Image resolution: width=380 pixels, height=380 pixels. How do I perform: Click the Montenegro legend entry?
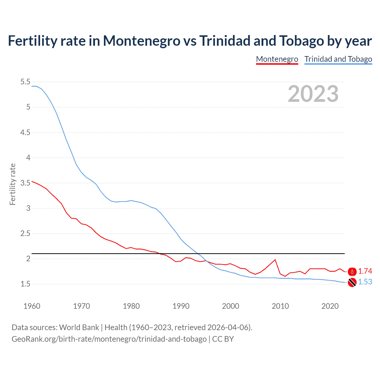point(277,59)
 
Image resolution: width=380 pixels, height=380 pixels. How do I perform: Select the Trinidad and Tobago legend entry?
point(338,59)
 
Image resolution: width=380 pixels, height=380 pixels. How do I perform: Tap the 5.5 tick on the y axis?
point(25,82)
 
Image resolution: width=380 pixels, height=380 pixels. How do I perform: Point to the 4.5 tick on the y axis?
point(25,132)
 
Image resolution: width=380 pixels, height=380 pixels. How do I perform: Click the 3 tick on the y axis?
point(28,208)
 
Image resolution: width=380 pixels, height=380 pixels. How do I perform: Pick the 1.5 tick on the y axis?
point(25,284)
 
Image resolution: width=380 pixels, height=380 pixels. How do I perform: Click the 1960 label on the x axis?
point(32,306)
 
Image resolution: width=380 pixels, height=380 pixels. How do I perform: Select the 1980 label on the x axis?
point(131,306)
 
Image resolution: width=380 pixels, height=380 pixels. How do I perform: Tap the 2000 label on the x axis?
point(231,306)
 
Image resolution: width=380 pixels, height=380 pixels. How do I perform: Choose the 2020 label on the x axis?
point(330,306)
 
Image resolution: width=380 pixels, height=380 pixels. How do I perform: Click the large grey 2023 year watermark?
point(313,94)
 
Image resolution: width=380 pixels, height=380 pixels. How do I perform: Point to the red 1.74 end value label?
point(365,271)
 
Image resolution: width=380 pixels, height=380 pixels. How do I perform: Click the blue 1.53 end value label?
point(365,282)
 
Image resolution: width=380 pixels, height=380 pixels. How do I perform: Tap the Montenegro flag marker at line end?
point(352,271)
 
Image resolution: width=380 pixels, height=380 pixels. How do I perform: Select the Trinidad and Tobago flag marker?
point(352,282)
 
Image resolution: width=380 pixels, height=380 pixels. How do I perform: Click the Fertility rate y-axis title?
point(12,184)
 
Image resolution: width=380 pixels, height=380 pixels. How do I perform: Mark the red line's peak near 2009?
point(275,260)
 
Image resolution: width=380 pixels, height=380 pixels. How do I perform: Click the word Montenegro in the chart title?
point(141,41)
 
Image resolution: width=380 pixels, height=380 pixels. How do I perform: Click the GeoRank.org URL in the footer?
point(109,339)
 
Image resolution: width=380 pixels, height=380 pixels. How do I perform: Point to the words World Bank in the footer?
point(79,327)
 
